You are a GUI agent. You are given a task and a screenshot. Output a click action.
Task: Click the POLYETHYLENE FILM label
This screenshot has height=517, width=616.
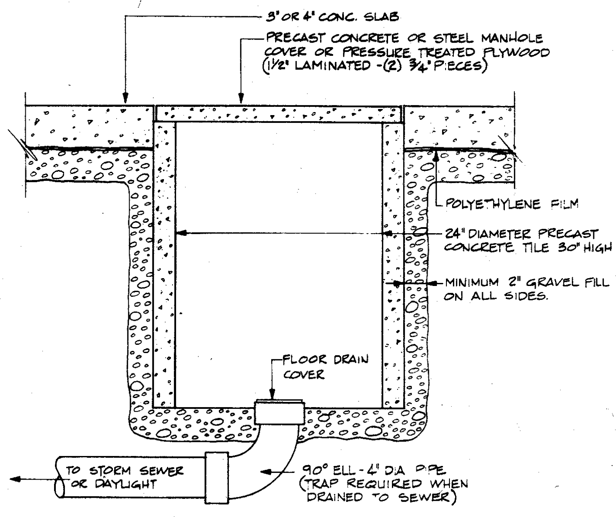510,204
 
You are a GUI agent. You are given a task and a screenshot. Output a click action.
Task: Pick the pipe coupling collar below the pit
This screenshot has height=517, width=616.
216,477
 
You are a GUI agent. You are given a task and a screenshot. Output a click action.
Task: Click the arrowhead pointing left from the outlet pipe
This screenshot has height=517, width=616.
15,480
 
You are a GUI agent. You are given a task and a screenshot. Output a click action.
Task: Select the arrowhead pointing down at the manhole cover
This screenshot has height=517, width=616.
239,99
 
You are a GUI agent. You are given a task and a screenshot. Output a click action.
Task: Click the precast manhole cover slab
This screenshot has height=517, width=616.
279,114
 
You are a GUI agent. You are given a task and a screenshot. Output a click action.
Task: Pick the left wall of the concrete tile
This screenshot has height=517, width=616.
164,262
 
